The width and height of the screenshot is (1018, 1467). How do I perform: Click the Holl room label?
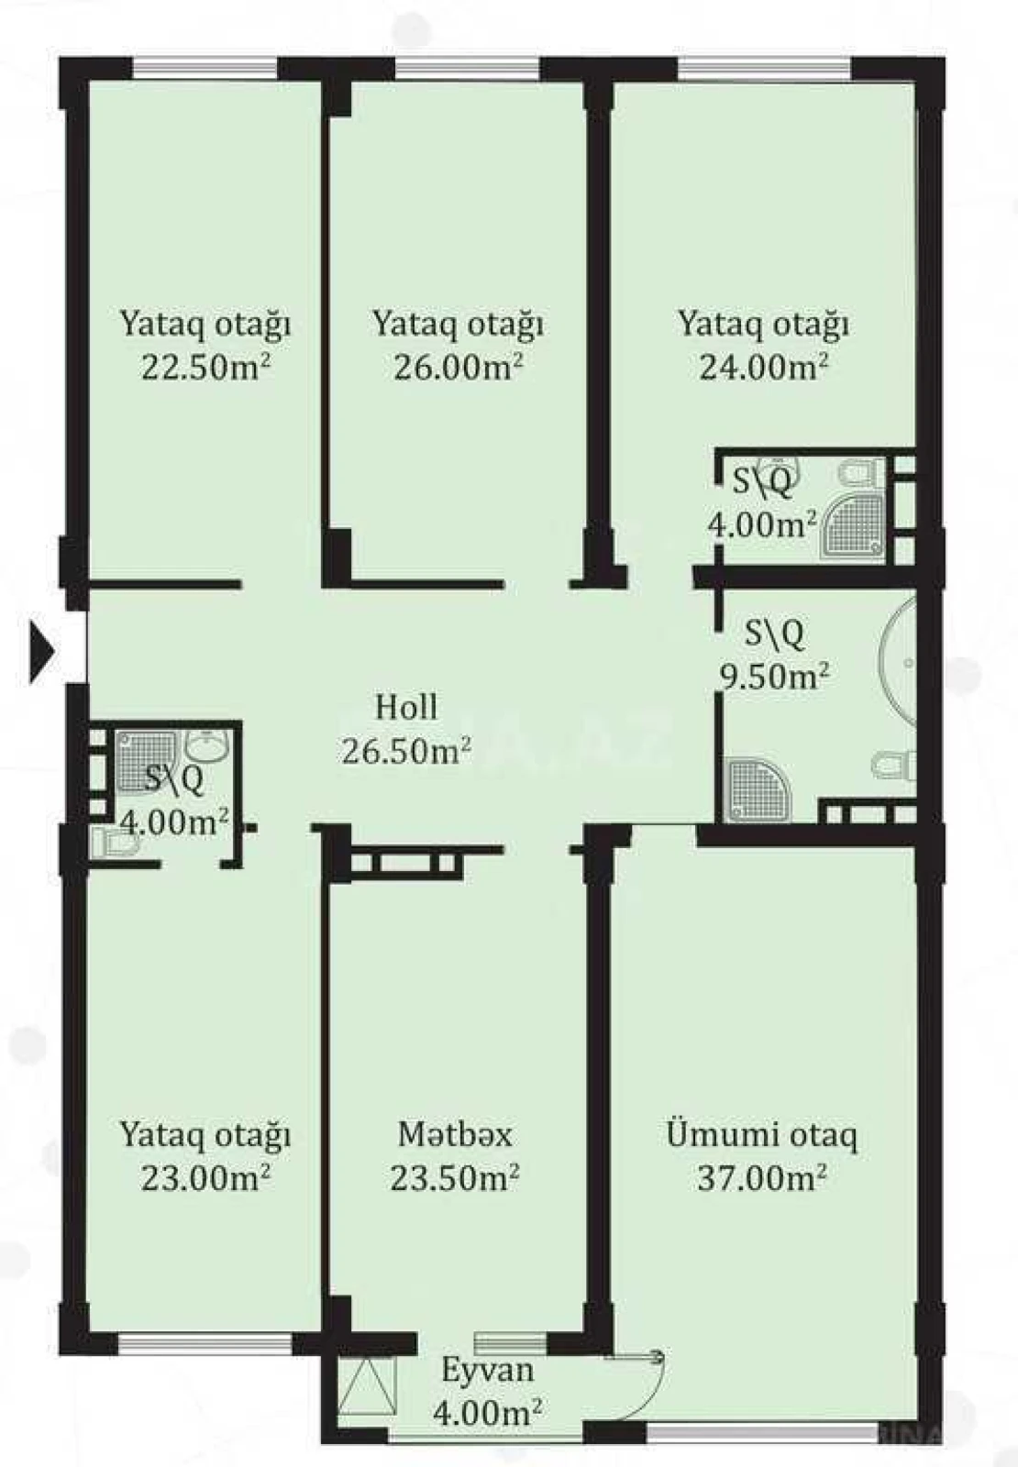[x=406, y=707]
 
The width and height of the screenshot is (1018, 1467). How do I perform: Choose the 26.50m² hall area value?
[x=406, y=751]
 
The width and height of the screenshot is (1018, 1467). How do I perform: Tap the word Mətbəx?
[x=455, y=1134]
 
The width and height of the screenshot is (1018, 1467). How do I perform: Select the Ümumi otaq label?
[x=762, y=1134]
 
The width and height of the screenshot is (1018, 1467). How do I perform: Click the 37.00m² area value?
[x=762, y=1177]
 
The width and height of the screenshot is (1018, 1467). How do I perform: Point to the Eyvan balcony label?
[x=487, y=1371]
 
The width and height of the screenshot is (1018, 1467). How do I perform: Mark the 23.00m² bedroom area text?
[x=205, y=1177]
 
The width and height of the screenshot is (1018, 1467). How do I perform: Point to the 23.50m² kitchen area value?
[x=455, y=1177]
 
